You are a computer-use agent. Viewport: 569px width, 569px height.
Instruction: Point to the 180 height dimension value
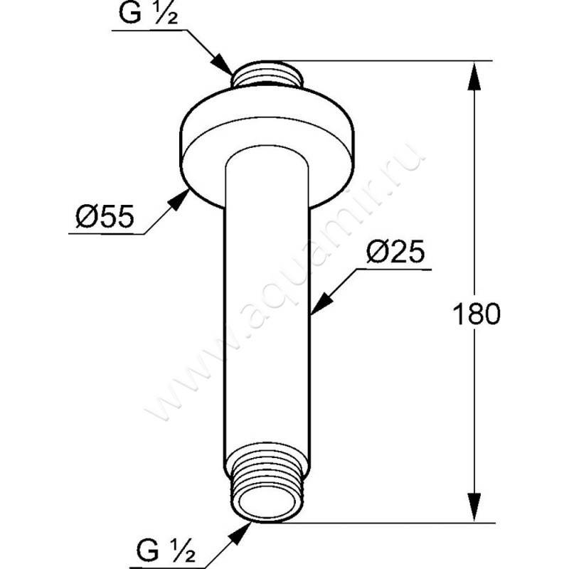pos(475,314)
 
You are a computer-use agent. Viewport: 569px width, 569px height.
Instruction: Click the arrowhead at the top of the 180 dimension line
pos(473,75)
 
